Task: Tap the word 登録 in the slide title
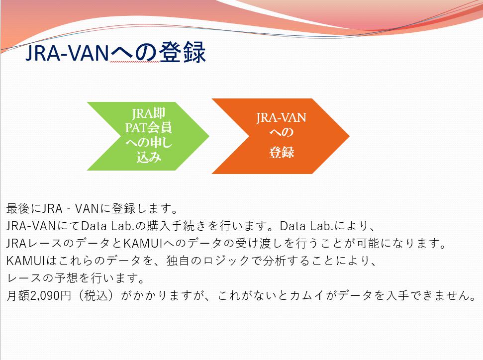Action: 182,52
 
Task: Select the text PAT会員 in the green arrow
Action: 148,128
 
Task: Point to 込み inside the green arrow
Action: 149,157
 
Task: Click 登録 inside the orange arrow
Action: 281,153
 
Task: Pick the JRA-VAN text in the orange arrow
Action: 281,118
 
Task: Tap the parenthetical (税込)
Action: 96,295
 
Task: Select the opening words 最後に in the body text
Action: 24,208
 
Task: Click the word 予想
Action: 67,278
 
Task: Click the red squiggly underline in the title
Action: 135,62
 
